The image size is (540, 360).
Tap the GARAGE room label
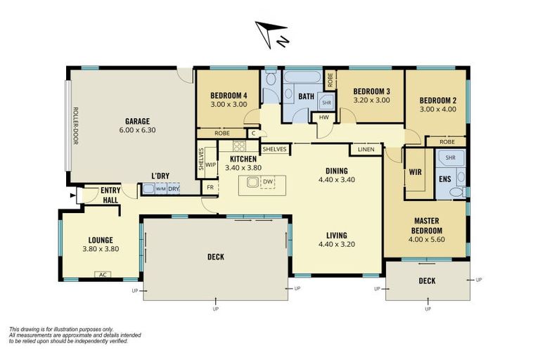coord(137,120)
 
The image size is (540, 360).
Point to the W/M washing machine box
coord(160,188)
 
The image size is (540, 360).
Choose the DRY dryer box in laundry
coord(173,188)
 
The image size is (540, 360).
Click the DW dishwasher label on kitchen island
coord(267,182)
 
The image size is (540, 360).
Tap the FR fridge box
coord(210,188)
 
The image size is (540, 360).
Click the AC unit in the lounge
coord(103,275)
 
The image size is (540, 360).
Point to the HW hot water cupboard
coord(323,117)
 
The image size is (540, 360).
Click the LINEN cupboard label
coord(365,149)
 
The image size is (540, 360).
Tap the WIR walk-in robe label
coord(415,171)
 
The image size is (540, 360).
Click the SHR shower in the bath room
coord(326,103)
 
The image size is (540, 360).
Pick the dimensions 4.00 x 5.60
coord(426,240)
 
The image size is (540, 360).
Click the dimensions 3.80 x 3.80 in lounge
coord(101,249)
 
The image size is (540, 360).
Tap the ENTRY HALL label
coord(110,194)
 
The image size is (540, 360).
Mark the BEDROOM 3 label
coord(371,91)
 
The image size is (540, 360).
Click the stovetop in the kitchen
coord(239,146)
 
